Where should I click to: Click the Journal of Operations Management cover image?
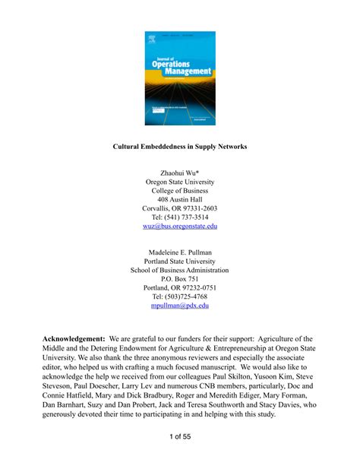pos(179,78)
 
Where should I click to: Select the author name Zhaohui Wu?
pos(179,172)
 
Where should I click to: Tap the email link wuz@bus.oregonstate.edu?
pos(179,226)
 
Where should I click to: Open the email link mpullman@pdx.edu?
pos(179,305)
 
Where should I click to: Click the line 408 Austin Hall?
pos(179,198)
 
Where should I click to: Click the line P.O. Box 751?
pos(179,278)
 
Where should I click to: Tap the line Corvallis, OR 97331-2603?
pos(179,208)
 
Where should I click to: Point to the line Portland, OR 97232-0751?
pos(179,287)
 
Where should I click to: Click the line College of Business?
pos(179,190)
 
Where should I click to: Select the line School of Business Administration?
pos(179,269)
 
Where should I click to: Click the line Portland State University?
pos(179,260)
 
